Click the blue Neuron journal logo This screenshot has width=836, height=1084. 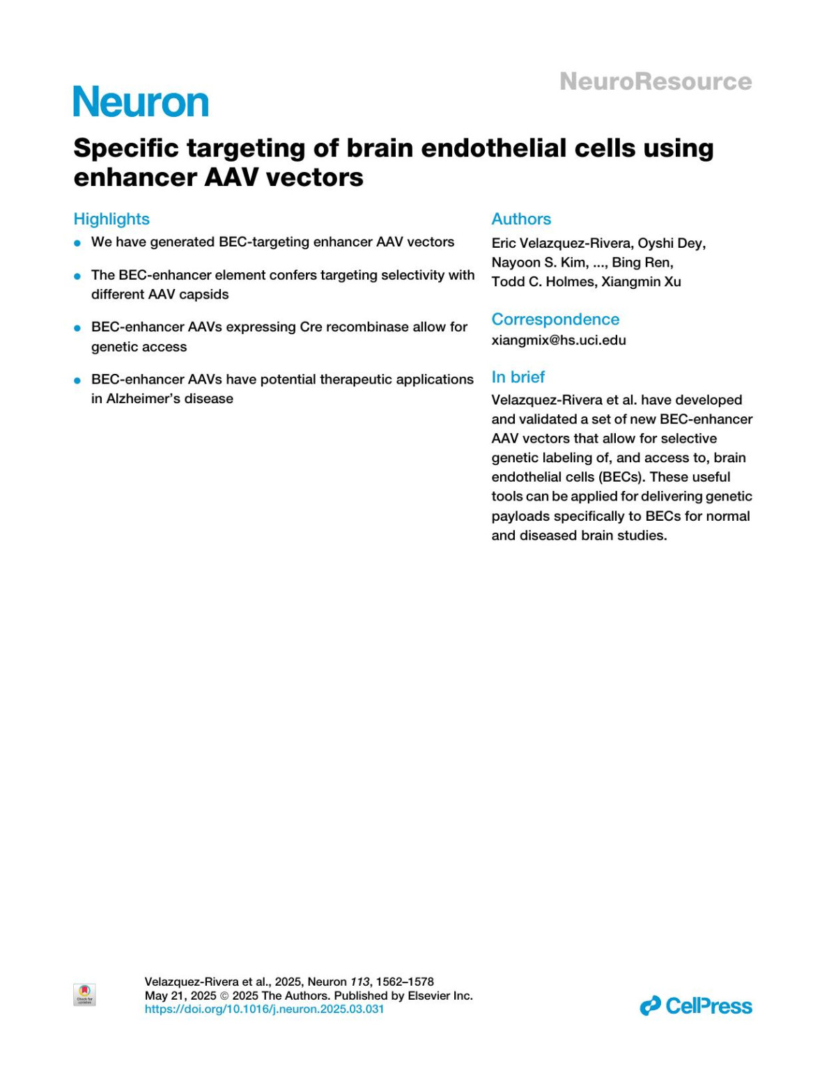point(141,102)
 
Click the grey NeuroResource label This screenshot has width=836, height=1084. point(655,81)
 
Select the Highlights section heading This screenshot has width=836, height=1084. point(111,219)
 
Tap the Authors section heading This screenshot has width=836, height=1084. point(521,219)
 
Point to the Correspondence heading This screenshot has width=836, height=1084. point(555,319)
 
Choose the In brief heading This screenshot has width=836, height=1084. point(518,377)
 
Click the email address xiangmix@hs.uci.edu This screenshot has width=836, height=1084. point(559,340)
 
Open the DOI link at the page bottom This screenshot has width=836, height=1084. point(264,1009)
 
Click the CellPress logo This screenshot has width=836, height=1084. point(696,1005)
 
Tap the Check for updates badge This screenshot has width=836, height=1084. point(84,994)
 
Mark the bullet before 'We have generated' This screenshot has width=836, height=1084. point(77,243)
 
